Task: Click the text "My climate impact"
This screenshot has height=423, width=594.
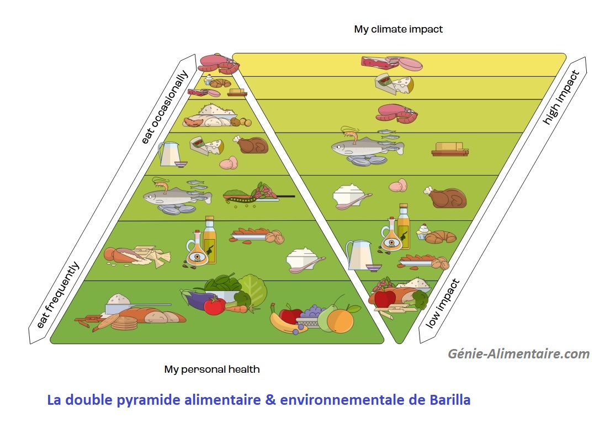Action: [x=398, y=29]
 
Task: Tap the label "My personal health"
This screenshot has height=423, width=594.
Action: [x=211, y=369]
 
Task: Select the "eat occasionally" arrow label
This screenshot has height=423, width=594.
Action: [x=165, y=108]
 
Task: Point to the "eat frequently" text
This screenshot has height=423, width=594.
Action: [x=57, y=295]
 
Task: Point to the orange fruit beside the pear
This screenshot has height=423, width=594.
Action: [x=340, y=320]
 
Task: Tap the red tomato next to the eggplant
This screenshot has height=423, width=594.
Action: [x=214, y=305]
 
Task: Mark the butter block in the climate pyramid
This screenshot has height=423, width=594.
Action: [x=450, y=149]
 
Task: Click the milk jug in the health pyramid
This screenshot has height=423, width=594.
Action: [x=168, y=153]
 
